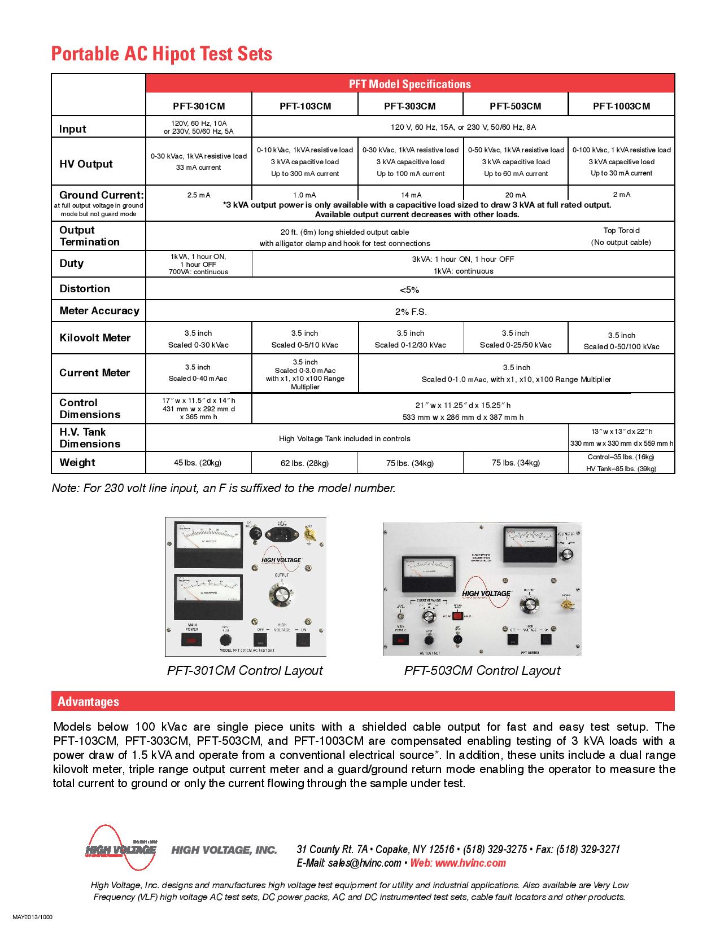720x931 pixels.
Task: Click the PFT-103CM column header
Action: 305,106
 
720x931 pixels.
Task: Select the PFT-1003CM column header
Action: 621,106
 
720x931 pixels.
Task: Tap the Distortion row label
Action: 85,289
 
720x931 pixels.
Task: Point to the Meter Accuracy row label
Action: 99,311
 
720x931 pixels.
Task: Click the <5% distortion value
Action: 409,290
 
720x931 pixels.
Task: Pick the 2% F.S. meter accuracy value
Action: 411,311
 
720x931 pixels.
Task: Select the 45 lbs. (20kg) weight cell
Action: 198,463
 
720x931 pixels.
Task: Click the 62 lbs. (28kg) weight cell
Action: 304,463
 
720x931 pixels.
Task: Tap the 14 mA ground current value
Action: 411,195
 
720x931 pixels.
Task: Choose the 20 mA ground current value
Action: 516,195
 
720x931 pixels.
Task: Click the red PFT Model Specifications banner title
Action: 409,84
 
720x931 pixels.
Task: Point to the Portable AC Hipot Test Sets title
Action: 162,54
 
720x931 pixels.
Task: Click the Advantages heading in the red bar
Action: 89,702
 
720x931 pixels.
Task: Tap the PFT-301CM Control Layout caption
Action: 245,670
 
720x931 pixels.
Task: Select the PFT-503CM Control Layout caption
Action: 482,670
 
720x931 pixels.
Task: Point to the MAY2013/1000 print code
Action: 32,917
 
